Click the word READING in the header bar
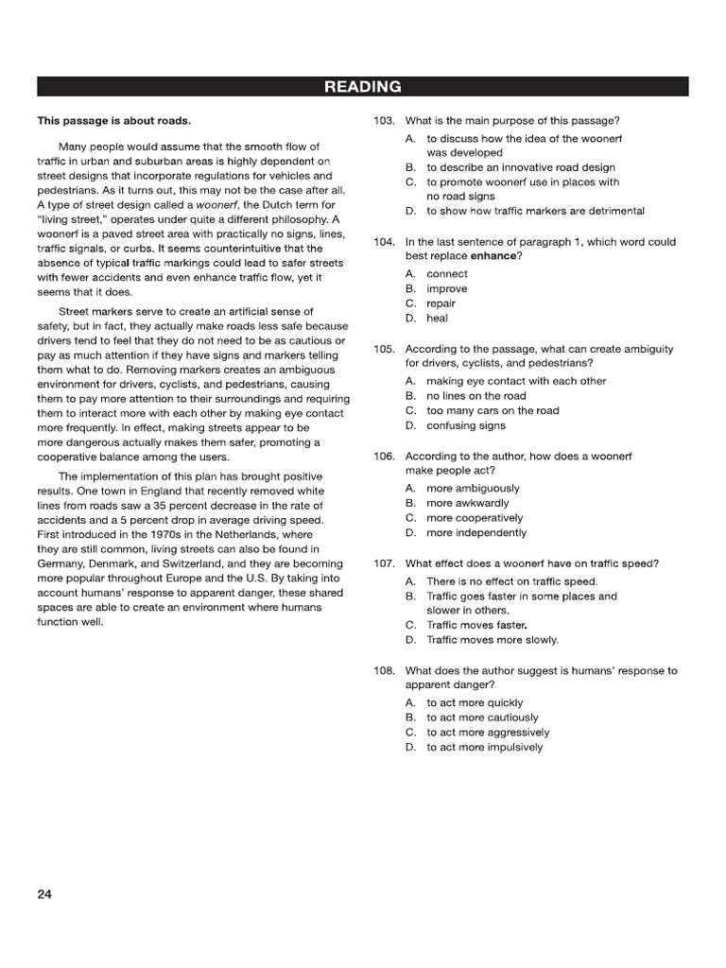[x=362, y=87]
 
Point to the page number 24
[x=44, y=895]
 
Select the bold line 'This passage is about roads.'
[x=113, y=121]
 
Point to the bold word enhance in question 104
[x=493, y=256]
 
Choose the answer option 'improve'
[x=446, y=289]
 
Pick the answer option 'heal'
[x=438, y=319]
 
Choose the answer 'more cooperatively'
[x=475, y=518]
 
